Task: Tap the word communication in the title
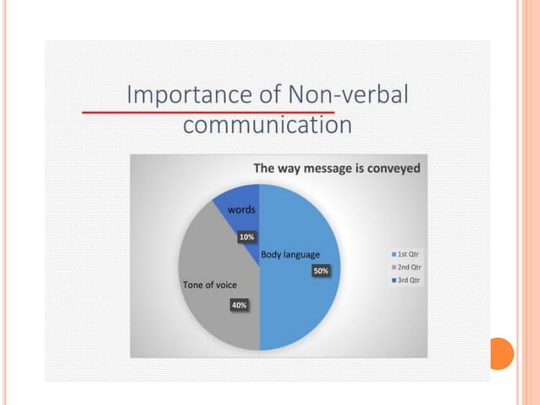coord(267,125)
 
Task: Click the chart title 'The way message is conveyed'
coord(336,168)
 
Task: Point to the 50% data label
coord(321,270)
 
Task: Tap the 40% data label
coord(239,304)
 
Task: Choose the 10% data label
coord(246,236)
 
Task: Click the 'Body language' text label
coord(290,254)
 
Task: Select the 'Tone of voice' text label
coord(210,285)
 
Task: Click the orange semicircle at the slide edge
coord(500,353)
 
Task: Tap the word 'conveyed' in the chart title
coord(390,168)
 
